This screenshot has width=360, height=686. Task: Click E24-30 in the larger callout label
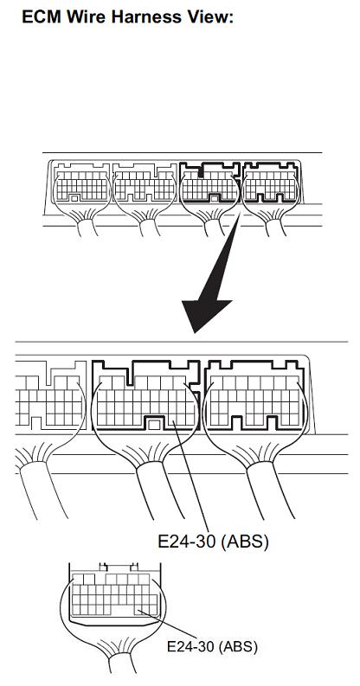tap(186, 542)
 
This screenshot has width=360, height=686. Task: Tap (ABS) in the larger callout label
tap(244, 542)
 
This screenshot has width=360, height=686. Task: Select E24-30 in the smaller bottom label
tap(191, 646)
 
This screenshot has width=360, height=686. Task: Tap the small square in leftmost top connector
tap(74, 198)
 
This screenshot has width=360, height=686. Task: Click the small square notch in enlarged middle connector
tap(152, 424)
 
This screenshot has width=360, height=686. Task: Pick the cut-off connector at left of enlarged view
tap(49, 394)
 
